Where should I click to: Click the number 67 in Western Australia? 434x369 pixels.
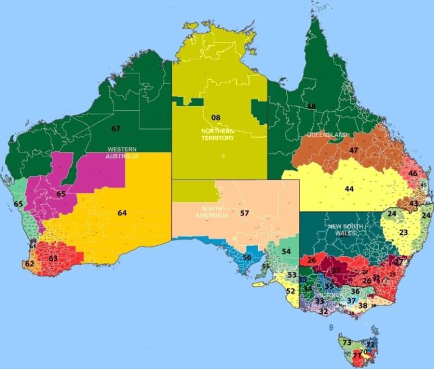(x=116, y=129)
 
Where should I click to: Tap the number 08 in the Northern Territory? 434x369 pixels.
(x=215, y=118)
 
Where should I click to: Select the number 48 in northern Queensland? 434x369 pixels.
(x=311, y=106)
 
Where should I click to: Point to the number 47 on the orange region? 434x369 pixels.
(x=354, y=150)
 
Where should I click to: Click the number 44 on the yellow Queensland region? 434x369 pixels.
(x=349, y=189)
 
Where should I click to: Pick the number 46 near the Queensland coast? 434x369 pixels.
(x=413, y=173)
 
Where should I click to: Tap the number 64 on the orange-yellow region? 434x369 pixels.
(x=122, y=213)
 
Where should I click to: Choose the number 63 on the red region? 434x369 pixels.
(x=53, y=258)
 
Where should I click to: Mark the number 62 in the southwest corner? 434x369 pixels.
(x=29, y=264)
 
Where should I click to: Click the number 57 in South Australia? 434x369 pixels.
(x=244, y=213)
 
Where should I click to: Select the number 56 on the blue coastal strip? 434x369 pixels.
(x=247, y=257)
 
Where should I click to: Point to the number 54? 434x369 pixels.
(x=287, y=251)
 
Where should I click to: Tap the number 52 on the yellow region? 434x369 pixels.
(x=290, y=291)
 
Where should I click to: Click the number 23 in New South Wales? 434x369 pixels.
(x=403, y=232)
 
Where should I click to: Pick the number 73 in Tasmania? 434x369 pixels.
(x=347, y=342)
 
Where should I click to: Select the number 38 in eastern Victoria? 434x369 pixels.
(x=363, y=306)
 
